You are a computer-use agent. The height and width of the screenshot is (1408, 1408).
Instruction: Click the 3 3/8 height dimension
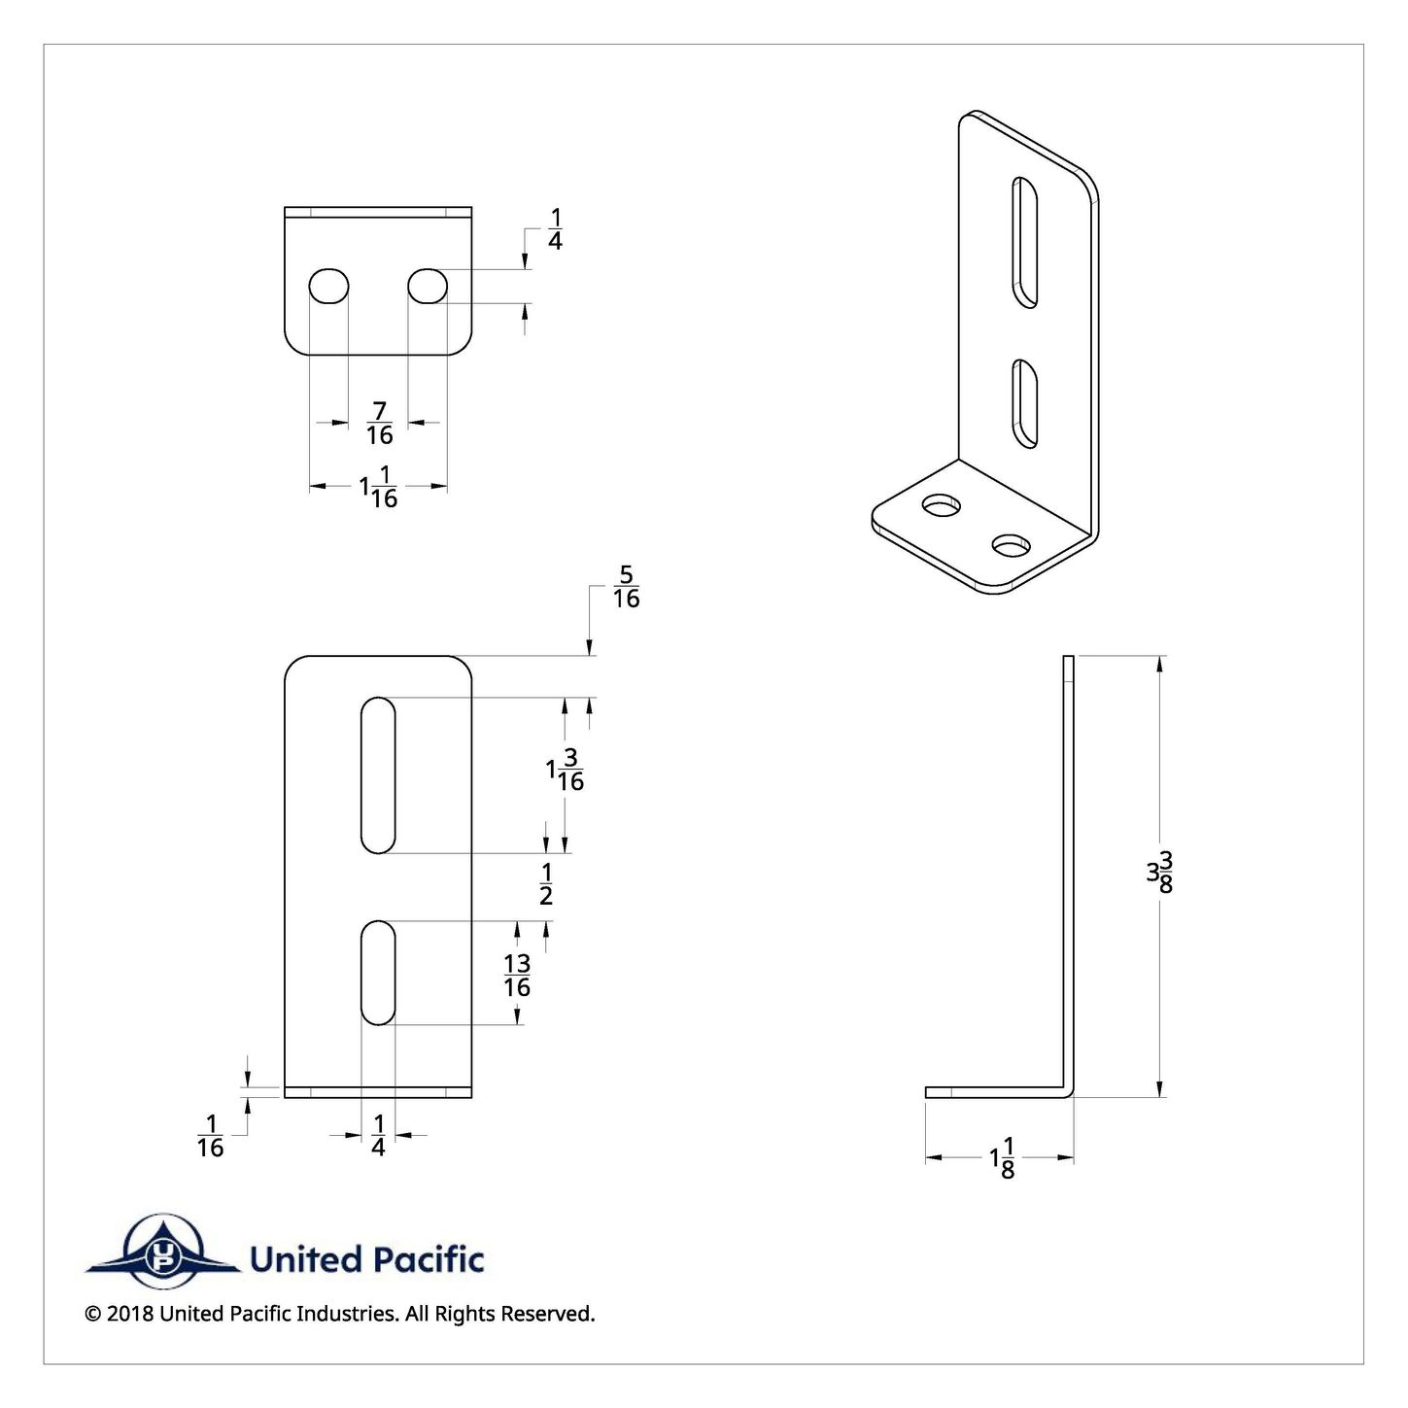pyautogui.click(x=1159, y=873)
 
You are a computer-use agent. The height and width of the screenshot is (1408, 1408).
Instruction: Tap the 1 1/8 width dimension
pyautogui.click(x=1003, y=1158)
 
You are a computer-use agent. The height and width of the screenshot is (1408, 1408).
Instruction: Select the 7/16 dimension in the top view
pyautogui.click(x=379, y=423)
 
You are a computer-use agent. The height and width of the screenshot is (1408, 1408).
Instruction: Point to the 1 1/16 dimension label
pyautogui.click(x=379, y=487)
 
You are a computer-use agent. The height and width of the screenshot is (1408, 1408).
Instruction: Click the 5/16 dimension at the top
pyautogui.click(x=626, y=587)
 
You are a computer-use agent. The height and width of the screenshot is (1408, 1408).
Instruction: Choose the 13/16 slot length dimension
pyautogui.click(x=517, y=976)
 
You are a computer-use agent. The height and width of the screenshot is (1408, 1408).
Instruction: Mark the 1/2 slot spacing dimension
pyautogui.click(x=546, y=884)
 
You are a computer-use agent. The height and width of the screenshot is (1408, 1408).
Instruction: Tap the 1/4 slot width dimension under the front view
pyautogui.click(x=378, y=1135)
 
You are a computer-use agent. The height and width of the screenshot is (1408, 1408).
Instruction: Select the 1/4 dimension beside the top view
pyautogui.click(x=555, y=229)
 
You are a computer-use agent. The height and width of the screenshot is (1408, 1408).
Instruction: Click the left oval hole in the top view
pyautogui.click(x=329, y=287)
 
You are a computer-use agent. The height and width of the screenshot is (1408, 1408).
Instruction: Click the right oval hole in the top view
pyautogui.click(x=428, y=287)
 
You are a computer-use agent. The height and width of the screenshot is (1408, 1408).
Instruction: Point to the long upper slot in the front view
pyautogui.click(x=378, y=774)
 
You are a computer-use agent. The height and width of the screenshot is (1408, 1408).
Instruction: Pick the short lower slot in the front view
pyautogui.click(x=378, y=972)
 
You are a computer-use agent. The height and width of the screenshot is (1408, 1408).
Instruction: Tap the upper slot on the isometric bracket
pyautogui.click(x=1025, y=242)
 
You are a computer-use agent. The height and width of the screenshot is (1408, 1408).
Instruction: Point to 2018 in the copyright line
pyautogui.click(x=129, y=1315)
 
